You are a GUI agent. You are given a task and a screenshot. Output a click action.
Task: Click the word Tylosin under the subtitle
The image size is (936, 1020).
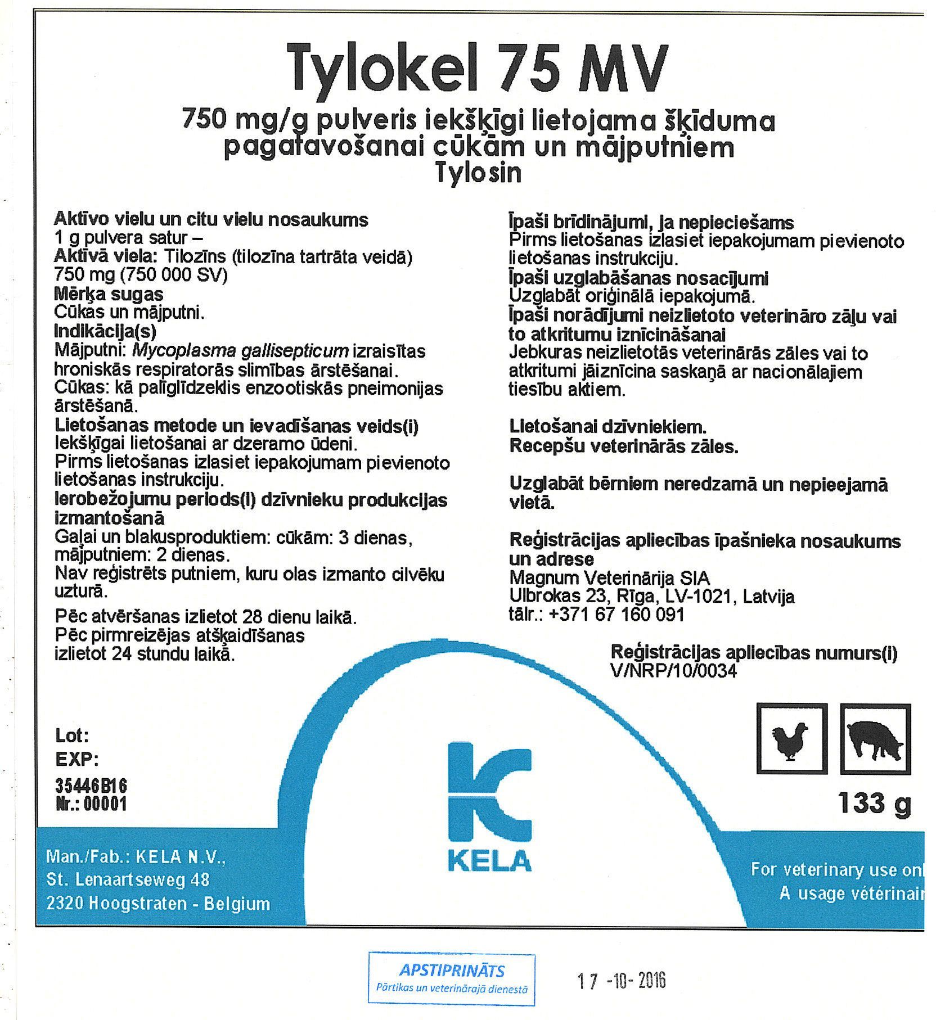[x=479, y=173]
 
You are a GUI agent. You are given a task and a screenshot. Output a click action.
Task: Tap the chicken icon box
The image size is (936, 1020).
[x=791, y=738]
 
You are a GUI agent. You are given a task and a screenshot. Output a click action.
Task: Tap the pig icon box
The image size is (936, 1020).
[x=875, y=739]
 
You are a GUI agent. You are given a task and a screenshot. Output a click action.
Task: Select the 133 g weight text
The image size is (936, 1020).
[x=874, y=803]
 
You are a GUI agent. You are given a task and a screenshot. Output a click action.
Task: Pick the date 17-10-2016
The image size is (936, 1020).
[x=621, y=981]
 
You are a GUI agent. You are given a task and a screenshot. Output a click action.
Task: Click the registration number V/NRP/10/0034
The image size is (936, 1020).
[x=673, y=671]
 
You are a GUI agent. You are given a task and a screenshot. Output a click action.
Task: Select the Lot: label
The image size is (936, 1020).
[x=72, y=735]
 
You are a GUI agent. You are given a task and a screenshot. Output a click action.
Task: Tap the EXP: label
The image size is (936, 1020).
[x=77, y=760]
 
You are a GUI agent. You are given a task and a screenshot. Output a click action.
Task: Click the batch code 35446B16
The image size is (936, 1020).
[x=91, y=785]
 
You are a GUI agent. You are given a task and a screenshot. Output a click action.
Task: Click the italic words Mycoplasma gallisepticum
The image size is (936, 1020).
[x=240, y=351]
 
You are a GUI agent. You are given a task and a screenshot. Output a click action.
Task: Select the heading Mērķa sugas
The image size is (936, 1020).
[x=109, y=294]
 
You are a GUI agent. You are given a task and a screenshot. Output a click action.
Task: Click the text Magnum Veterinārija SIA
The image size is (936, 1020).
[x=609, y=577]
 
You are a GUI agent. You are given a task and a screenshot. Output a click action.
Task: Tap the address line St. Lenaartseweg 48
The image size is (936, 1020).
[x=128, y=879]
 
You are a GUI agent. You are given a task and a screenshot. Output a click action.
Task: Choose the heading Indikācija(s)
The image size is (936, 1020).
[x=105, y=331]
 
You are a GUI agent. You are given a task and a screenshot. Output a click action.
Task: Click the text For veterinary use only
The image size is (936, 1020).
[x=837, y=869]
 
